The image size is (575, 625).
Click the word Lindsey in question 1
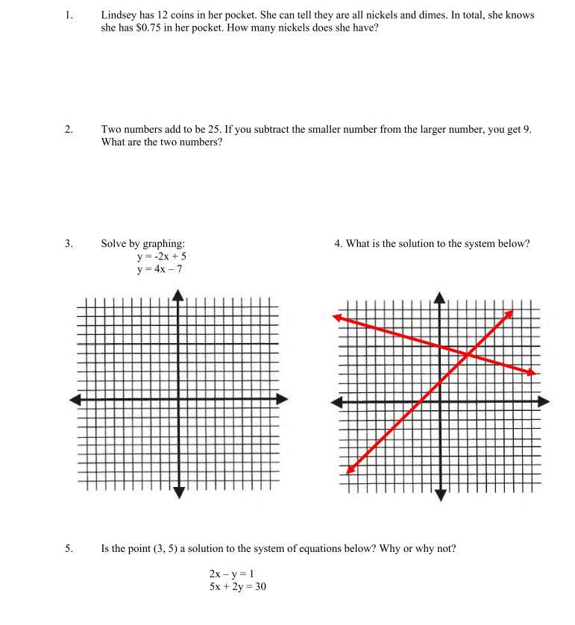119,15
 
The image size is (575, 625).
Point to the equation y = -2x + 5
161,256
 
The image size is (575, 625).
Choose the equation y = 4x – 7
159,268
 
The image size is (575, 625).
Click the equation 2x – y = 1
232,574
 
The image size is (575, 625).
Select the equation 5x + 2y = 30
238,586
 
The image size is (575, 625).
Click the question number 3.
69,243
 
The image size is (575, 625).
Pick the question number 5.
69,548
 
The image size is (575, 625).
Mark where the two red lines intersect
467,355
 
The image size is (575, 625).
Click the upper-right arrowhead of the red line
509,313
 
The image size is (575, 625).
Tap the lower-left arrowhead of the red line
351,469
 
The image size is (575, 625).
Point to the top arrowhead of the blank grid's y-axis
177,295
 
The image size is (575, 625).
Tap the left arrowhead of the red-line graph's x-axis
336,402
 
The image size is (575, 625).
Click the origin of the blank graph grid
177,399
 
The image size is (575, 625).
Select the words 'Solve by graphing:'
143,243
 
